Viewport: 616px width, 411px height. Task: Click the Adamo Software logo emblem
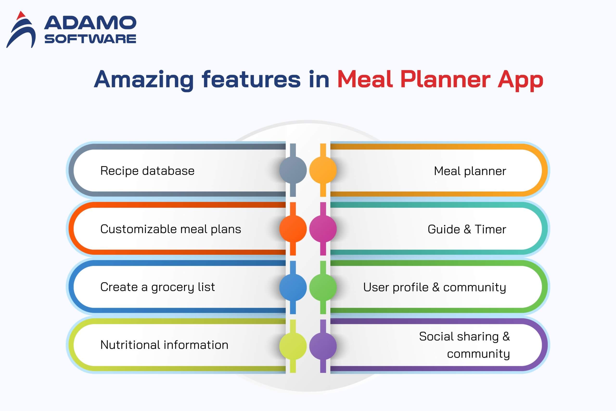tap(21, 30)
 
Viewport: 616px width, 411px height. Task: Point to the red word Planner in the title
tap(445, 79)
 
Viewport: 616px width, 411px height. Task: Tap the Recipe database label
tap(148, 171)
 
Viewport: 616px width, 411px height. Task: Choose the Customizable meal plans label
tap(171, 229)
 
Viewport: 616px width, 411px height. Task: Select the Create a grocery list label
tap(158, 287)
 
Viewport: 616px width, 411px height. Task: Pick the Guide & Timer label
tap(467, 229)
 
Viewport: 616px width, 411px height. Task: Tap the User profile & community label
tap(435, 287)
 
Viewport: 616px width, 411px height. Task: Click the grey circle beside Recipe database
tap(293, 170)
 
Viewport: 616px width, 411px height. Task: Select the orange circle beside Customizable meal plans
tap(293, 228)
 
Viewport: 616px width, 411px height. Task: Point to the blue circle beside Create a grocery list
tap(293, 287)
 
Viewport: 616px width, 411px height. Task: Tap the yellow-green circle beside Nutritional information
tap(293, 346)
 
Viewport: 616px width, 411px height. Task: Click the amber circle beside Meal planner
tap(323, 170)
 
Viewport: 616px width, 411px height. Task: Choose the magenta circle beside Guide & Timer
tap(323, 228)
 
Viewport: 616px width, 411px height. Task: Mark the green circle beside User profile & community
tap(323, 287)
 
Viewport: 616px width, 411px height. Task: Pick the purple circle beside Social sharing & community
tap(323, 346)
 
